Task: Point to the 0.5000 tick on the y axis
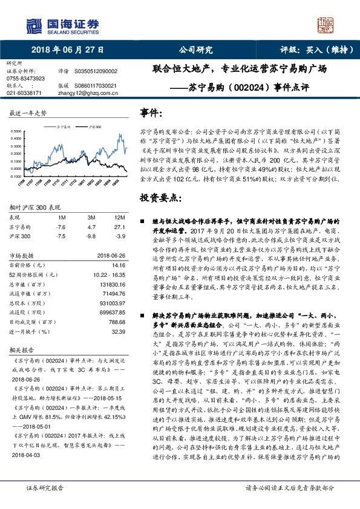(18, 131)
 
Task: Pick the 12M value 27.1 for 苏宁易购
(119, 227)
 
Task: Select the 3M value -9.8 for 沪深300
(92, 236)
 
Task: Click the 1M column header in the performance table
(61, 217)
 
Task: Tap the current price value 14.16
(118, 264)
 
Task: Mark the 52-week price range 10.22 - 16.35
(109, 274)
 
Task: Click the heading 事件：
(151, 114)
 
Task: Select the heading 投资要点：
(160, 198)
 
